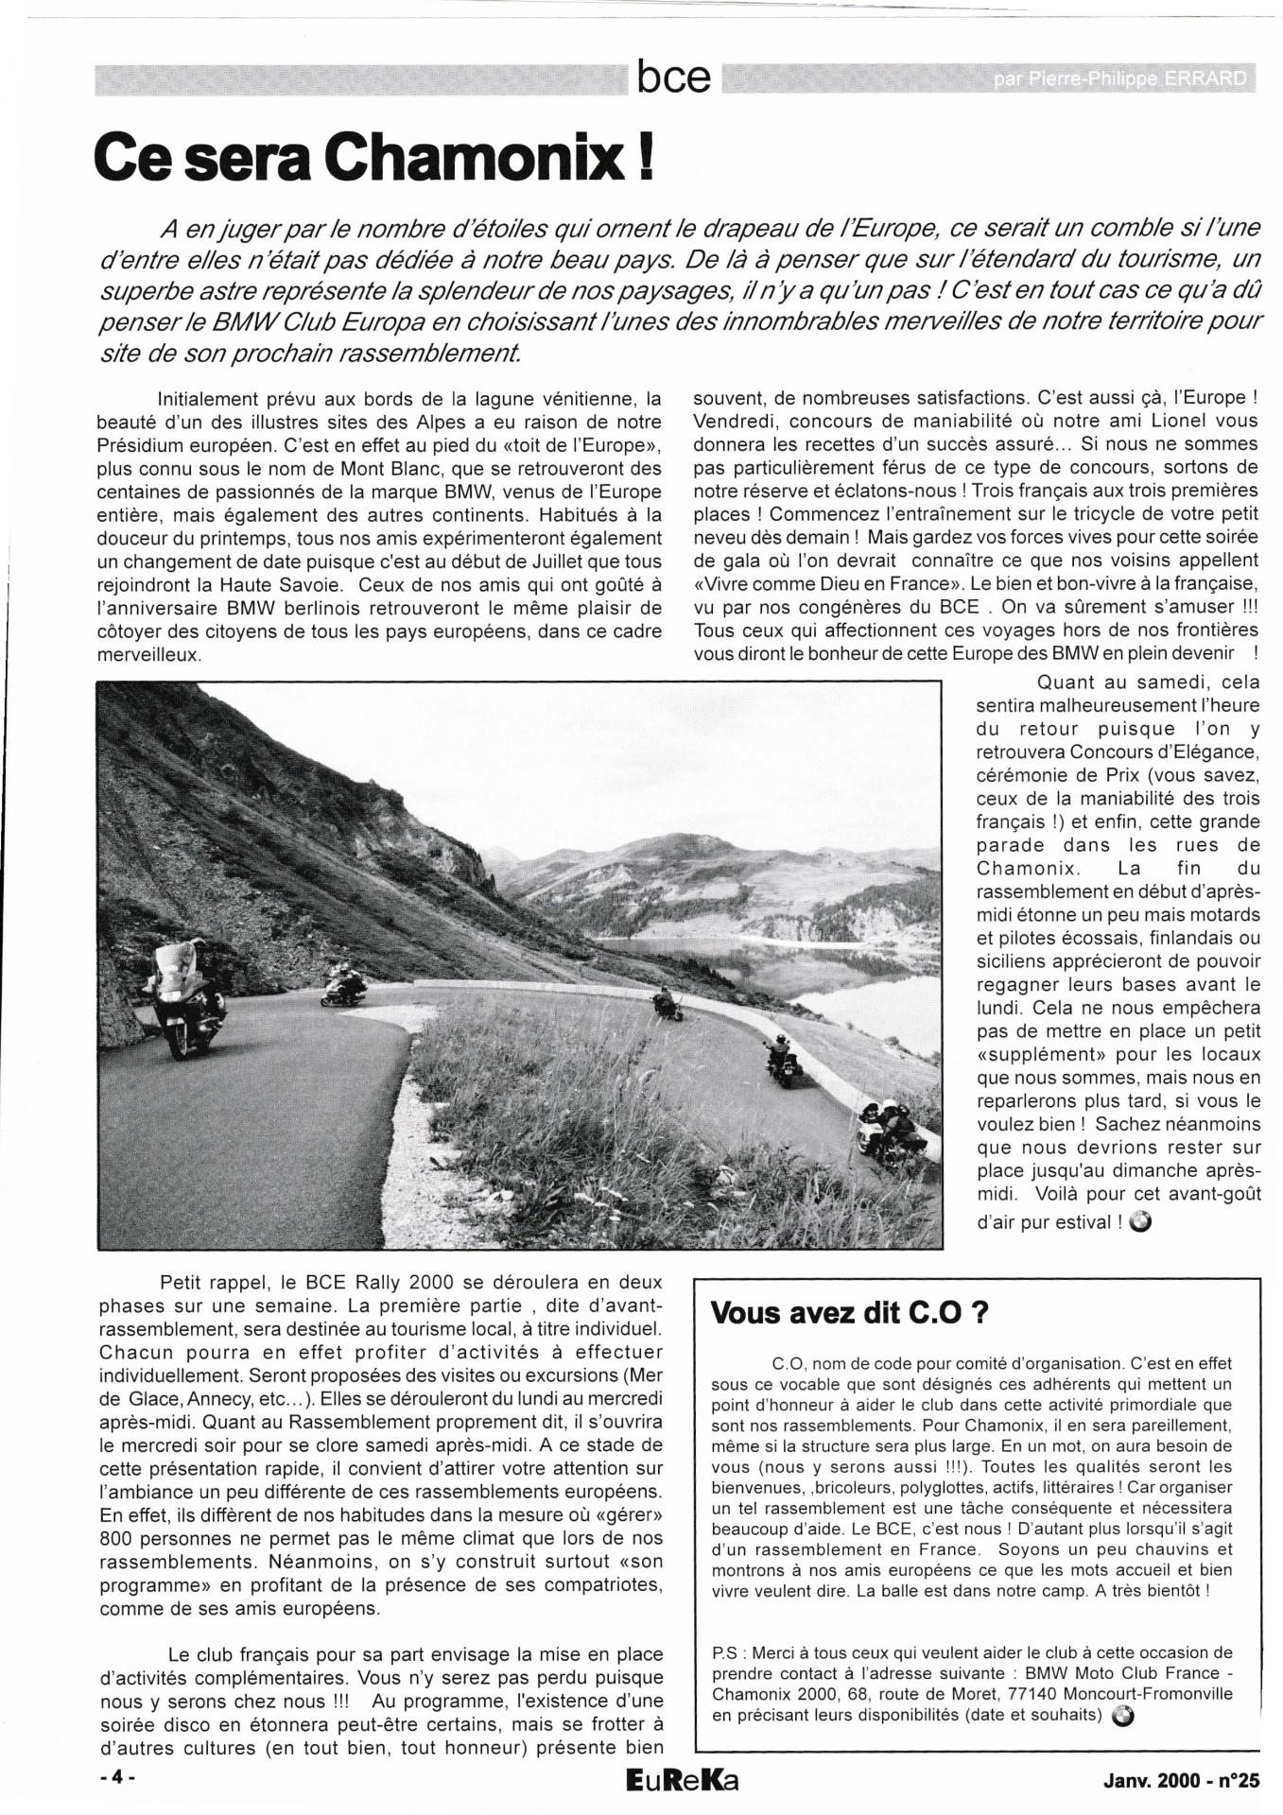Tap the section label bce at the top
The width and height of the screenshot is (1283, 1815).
pyautogui.click(x=673, y=78)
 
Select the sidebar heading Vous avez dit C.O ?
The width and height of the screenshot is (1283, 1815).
pyautogui.click(x=836, y=1314)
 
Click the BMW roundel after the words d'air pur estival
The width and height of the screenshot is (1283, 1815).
pyautogui.click(x=1140, y=1222)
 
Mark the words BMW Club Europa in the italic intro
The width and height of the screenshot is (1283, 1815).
pyautogui.click(x=308, y=320)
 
